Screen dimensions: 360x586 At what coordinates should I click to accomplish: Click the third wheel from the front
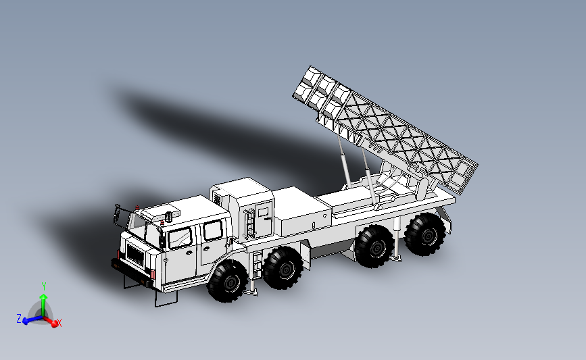coord(374,247)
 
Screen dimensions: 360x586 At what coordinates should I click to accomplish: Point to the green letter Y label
coord(43,285)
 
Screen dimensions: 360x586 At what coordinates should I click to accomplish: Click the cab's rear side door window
coord(213,230)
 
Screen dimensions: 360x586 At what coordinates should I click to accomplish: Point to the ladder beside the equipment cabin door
coord(249,223)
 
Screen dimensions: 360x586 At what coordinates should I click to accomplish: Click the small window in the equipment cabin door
coord(262,211)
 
